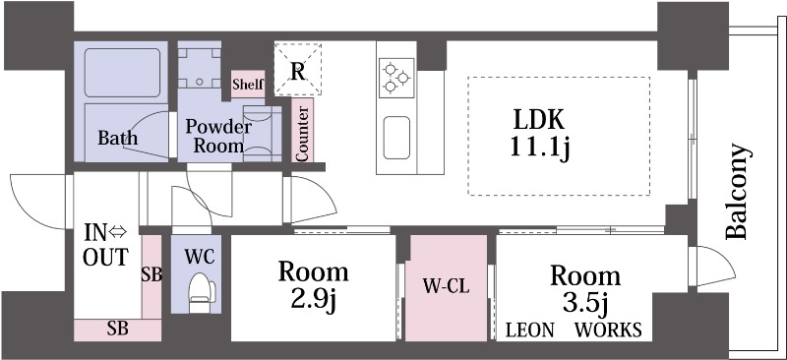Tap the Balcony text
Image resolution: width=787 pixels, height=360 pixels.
739,193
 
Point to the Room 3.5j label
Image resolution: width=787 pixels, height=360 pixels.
584,288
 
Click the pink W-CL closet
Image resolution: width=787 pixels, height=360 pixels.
447,288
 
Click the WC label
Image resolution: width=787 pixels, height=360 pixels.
200,255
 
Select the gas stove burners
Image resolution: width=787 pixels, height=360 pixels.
396,77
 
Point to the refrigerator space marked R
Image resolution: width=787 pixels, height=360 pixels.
297,69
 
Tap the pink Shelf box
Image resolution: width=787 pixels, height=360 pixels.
247,85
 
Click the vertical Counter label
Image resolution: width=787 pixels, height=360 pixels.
302,131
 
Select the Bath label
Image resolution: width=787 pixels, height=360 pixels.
117,139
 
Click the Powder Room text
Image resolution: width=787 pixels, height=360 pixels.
218,136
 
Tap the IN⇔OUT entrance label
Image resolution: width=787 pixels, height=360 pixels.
104,246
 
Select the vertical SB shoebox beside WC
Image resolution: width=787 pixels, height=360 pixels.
151,274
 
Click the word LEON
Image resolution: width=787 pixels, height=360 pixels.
531,330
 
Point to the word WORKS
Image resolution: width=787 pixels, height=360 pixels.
609,330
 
